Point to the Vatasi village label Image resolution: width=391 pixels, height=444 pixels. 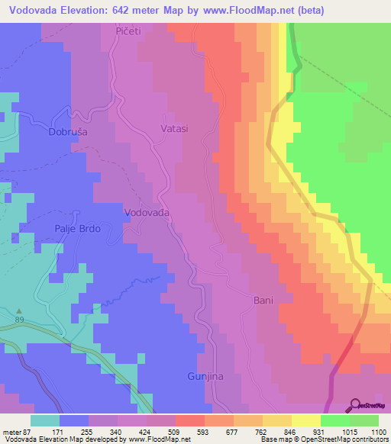(174, 130)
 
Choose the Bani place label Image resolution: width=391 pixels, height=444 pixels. (263, 301)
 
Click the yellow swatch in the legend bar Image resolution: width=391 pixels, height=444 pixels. (305, 420)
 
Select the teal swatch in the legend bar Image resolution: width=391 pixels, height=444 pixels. (45, 420)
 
